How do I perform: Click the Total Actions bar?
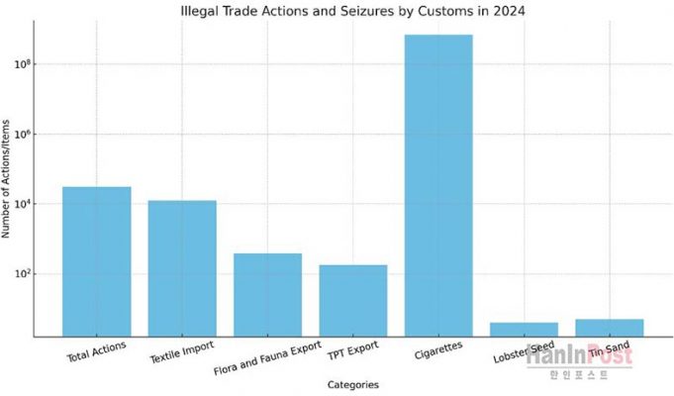[96, 261]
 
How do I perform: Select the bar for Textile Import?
[182, 268]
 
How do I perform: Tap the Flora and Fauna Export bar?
[267, 295]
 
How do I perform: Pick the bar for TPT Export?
[353, 301]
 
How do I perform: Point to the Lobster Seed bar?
[524, 329]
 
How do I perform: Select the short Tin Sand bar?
[610, 328]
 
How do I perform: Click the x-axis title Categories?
[352, 384]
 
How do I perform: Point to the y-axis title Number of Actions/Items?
[9, 177]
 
